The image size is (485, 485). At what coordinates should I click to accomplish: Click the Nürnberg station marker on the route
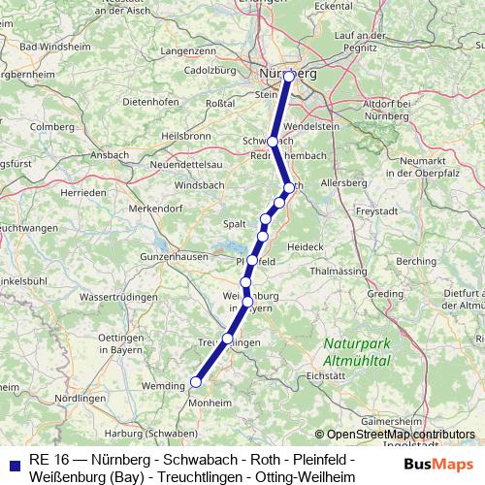tap(288, 76)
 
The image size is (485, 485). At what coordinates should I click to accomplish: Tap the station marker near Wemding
tap(196, 382)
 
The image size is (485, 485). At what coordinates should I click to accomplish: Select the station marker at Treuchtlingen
tap(228, 339)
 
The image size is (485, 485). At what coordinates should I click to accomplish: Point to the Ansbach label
tap(109, 154)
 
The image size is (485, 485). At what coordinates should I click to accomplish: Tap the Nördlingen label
tap(79, 399)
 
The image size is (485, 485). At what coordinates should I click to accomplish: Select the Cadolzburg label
tap(210, 70)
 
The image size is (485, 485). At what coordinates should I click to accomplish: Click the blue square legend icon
tap(12, 465)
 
